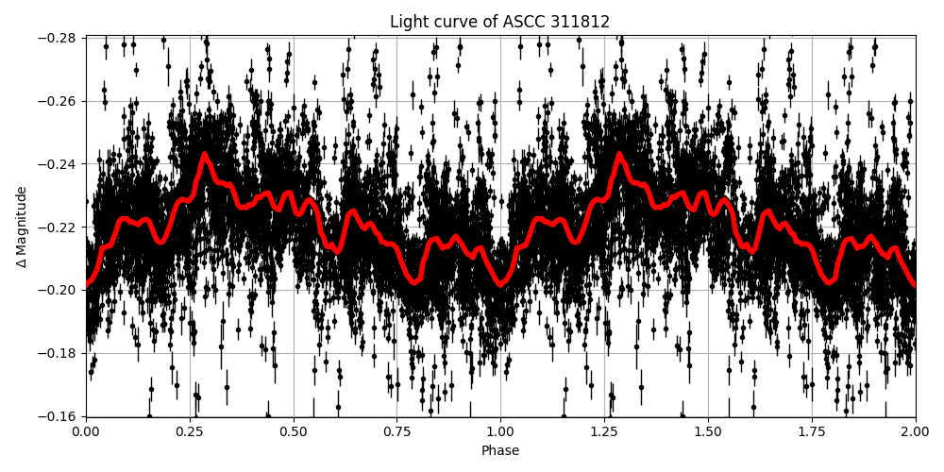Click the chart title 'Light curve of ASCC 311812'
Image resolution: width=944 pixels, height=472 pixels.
tap(499, 22)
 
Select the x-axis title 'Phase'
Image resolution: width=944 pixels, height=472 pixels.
tap(499, 451)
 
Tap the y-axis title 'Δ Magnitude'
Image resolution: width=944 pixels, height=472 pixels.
tap(22, 227)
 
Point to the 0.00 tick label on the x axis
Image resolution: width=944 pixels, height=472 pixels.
tap(85, 430)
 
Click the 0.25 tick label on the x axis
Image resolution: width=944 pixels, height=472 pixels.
tap(189, 430)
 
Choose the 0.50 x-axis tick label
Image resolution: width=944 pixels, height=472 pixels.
tap(293, 430)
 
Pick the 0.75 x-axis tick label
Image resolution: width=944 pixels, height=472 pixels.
tap(396, 430)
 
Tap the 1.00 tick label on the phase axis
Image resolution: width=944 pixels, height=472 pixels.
tap(500, 430)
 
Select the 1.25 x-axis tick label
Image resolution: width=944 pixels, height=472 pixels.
tap(604, 430)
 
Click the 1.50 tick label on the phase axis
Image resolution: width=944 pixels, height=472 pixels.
tap(708, 430)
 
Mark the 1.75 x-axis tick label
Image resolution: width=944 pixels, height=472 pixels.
tap(812, 430)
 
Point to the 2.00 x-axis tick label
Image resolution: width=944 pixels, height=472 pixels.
tap(915, 430)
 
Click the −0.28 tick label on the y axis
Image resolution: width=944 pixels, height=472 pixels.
tap(58, 38)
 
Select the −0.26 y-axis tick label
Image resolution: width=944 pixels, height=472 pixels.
tap(58, 101)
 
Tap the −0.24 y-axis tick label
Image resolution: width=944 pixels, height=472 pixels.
tap(58, 164)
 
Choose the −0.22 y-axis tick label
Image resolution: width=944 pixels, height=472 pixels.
tap(58, 228)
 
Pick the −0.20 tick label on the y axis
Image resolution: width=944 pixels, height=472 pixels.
tap(58, 291)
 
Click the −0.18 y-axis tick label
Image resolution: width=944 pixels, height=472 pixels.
tap(58, 353)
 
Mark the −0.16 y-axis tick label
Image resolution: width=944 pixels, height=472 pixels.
tap(58, 416)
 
